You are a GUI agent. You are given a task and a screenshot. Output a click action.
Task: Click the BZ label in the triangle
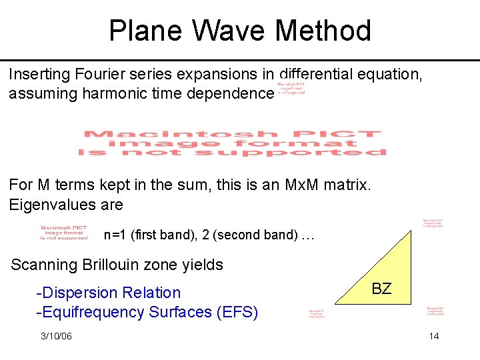[x=381, y=289]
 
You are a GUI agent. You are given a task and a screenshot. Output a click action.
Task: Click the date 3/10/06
[x=56, y=336]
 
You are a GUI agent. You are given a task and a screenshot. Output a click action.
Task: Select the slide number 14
[x=434, y=336]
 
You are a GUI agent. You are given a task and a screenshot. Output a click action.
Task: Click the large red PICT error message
[x=232, y=143]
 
